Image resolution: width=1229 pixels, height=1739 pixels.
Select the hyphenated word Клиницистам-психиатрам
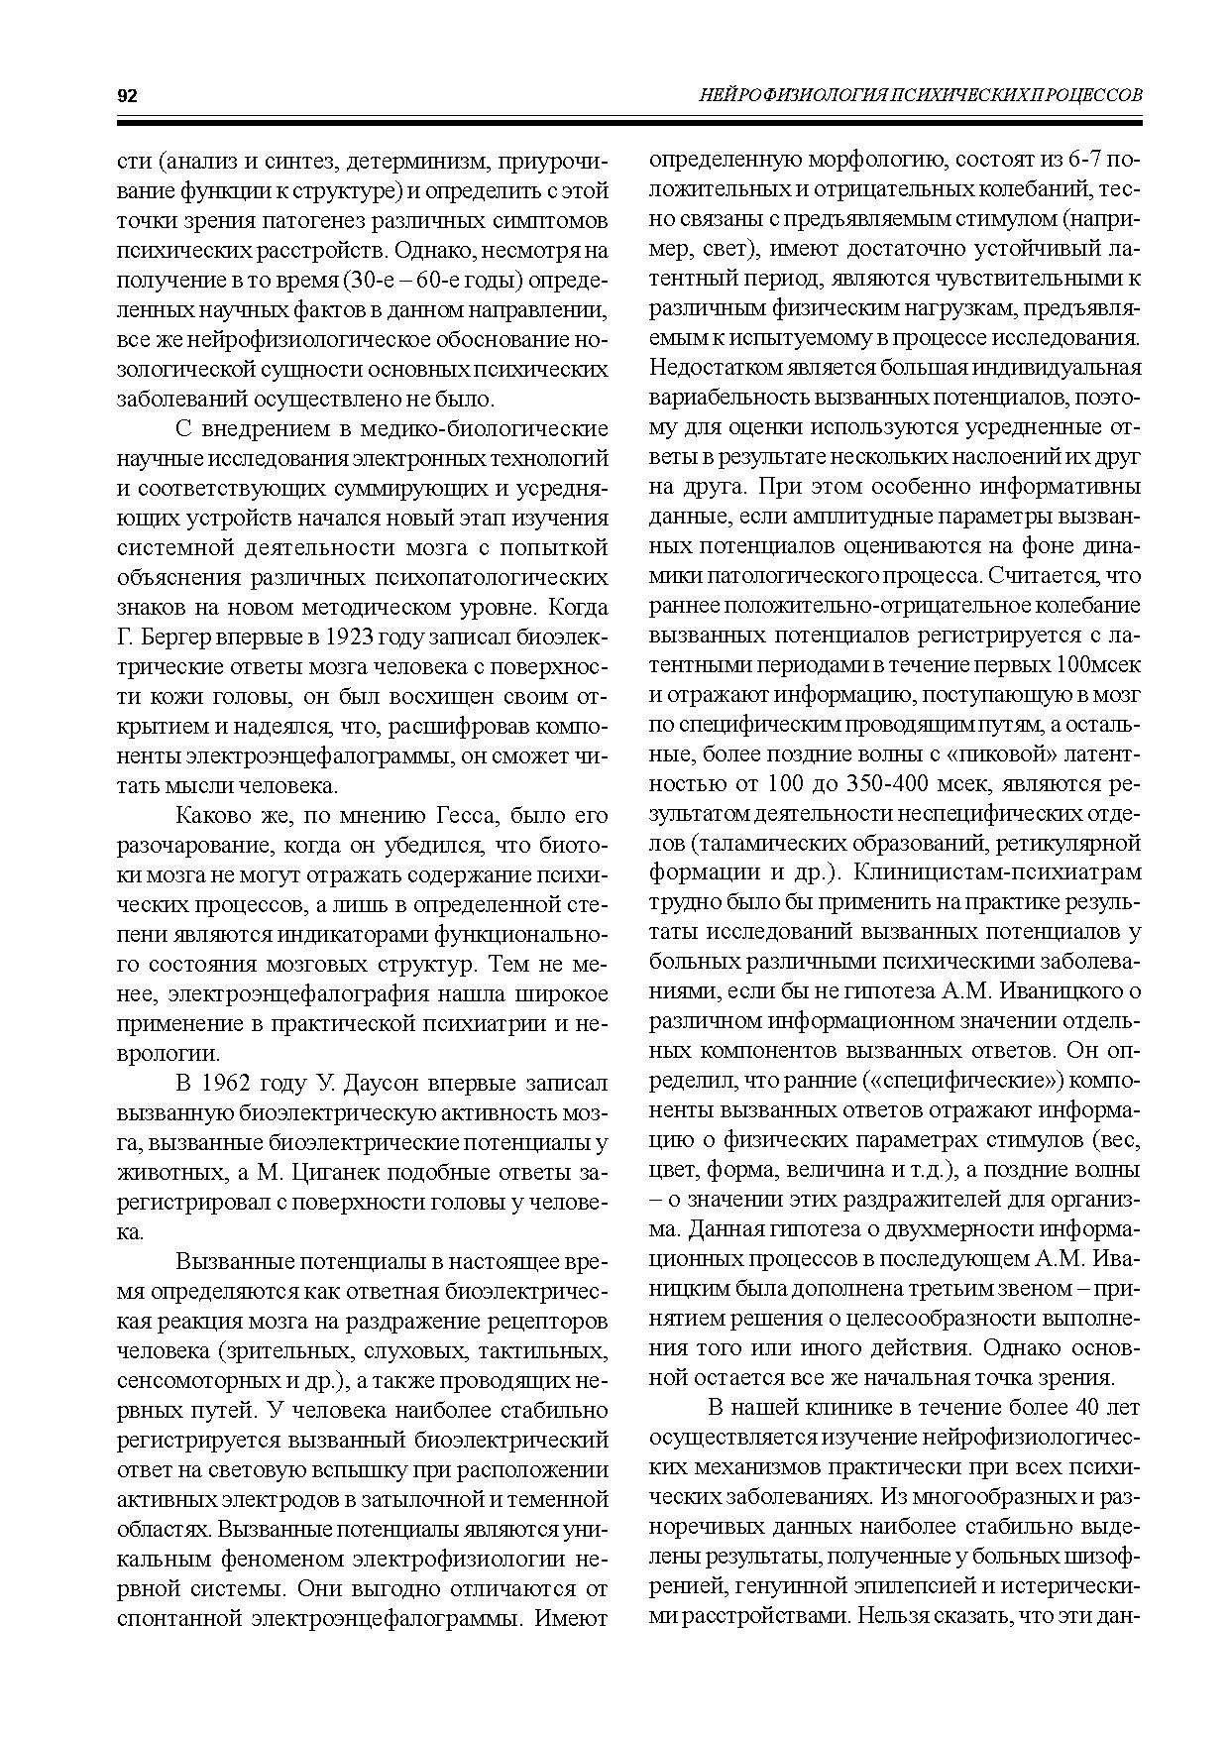point(997,872)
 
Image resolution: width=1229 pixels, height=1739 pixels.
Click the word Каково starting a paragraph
point(214,815)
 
